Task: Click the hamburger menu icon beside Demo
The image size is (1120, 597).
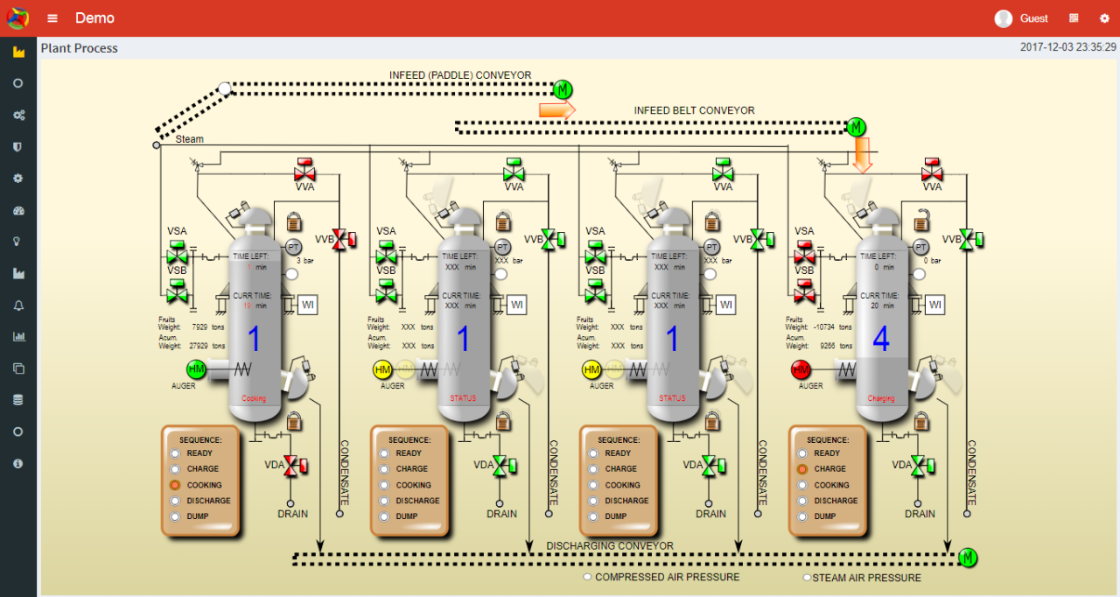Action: pyautogui.click(x=53, y=18)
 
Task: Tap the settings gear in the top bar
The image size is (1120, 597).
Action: pyautogui.click(x=1104, y=18)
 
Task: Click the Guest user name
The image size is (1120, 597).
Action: pyautogui.click(x=1033, y=18)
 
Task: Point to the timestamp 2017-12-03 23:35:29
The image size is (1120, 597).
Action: pyautogui.click(x=1067, y=47)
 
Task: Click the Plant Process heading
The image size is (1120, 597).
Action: pyautogui.click(x=80, y=48)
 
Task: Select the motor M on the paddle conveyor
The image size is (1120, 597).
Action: pyautogui.click(x=563, y=88)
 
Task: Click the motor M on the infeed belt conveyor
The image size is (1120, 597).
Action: pyautogui.click(x=856, y=127)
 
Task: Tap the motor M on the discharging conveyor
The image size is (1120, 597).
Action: pyautogui.click(x=968, y=557)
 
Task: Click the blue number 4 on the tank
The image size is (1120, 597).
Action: pyautogui.click(x=880, y=340)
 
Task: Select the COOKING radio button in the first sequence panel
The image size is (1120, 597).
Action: pyautogui.click(x=175, y=485)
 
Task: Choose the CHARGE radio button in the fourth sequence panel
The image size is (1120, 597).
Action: pyautogui.click(x=802, y=469)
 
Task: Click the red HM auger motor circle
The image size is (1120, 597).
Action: pyautogui.click(x=801, y=370)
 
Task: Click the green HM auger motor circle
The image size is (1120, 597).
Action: pyautogui.click(x=196, y=370)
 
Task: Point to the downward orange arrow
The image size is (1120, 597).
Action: pyautogui.click(x=863, y=154)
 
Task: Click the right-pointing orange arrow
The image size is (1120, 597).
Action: pyautogui.click(x=556, y=109)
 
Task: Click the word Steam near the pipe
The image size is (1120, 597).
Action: pyautogui.click(x=190, y=139)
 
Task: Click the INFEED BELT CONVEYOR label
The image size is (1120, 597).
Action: pyautogui.click(x=694, y=110)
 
